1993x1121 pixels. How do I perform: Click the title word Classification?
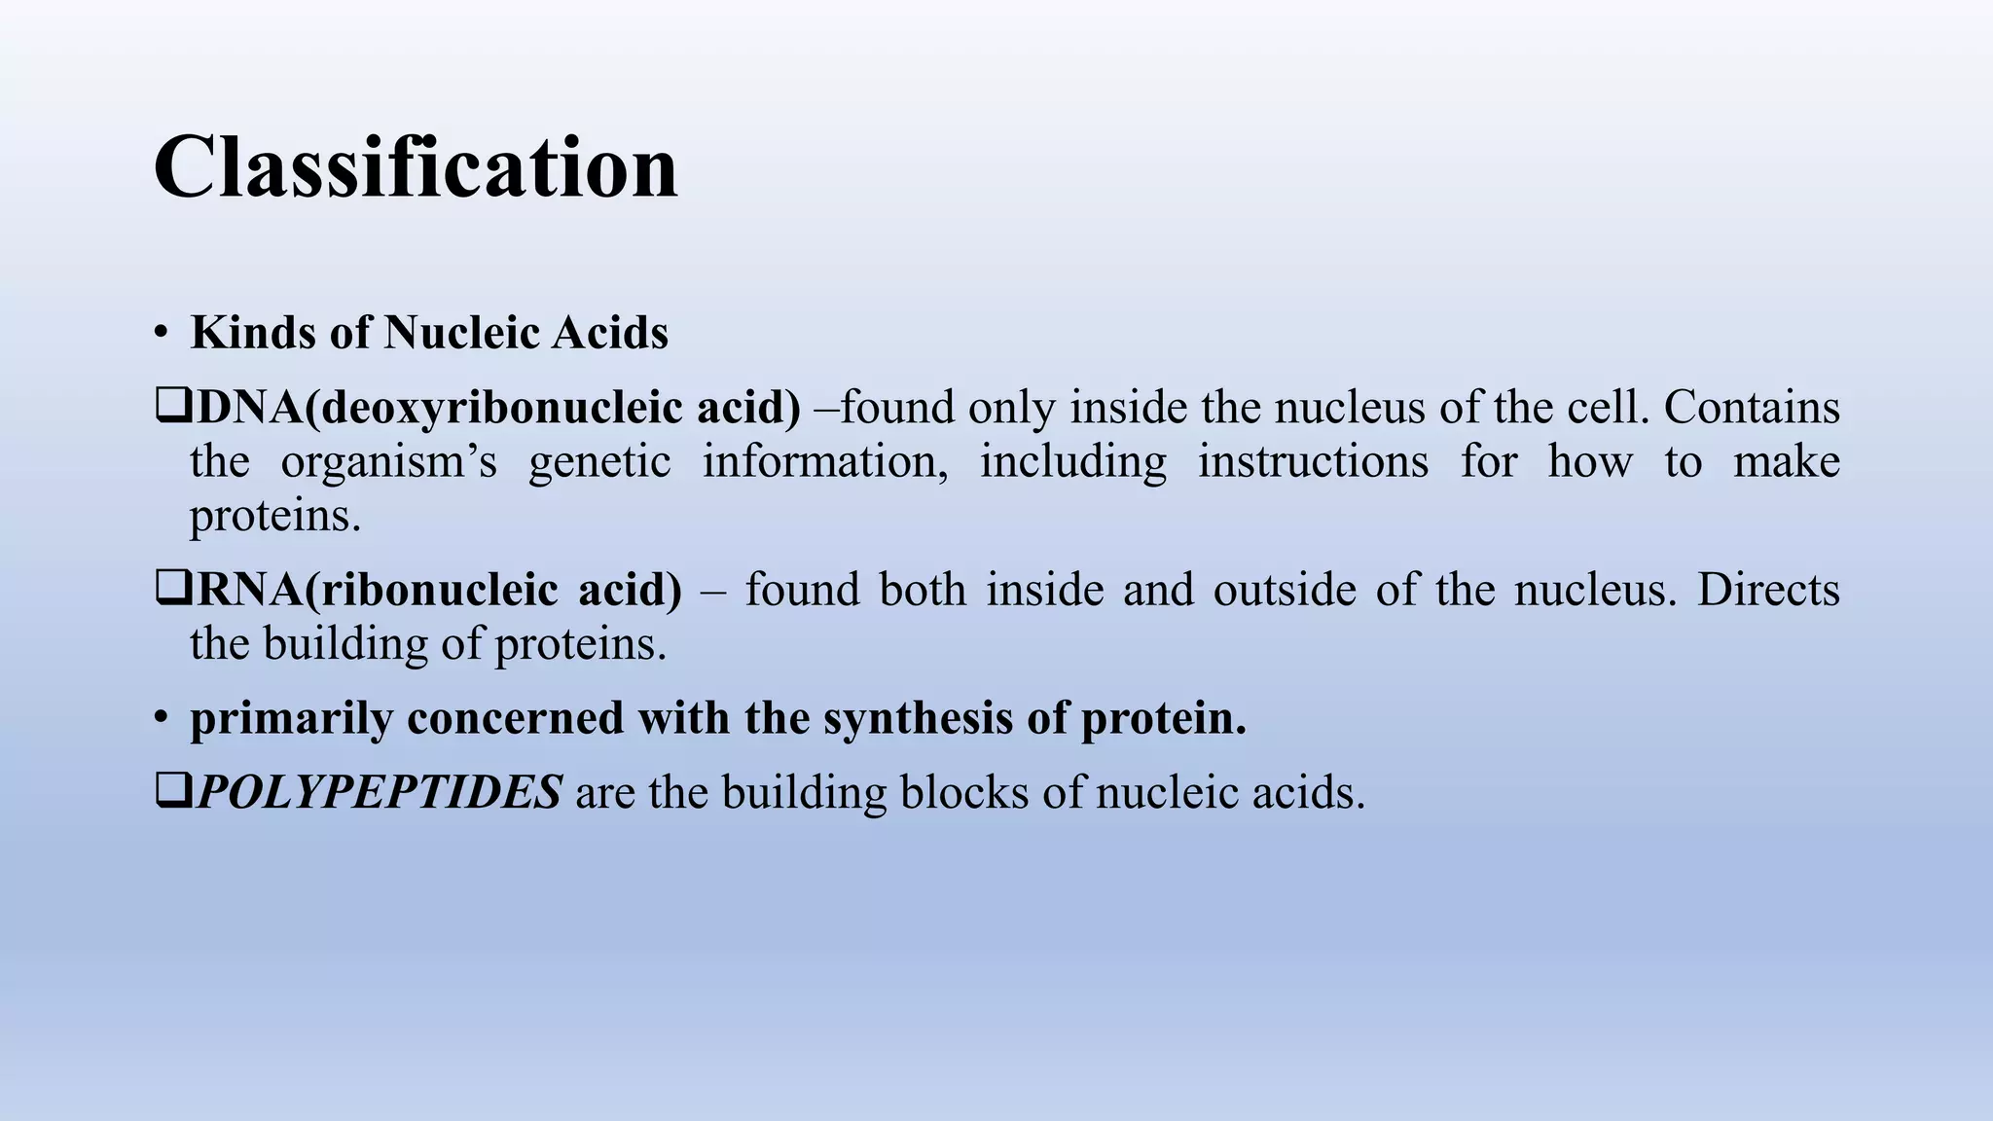click(416, 167)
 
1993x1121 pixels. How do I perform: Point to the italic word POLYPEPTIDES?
click(380, 792)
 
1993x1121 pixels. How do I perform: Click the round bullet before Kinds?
click(161, 333)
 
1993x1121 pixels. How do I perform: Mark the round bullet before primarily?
click(161, 718)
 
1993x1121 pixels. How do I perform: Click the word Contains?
click(1752, 408)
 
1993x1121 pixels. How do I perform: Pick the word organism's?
click(389, 462)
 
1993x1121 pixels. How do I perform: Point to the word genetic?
click(599, 462)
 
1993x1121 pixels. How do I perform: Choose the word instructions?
click(1313, 462)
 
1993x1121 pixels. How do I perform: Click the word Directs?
click(1768, 591)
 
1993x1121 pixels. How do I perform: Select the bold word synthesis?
click(917, 719)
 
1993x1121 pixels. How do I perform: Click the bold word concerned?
click(516, 719)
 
